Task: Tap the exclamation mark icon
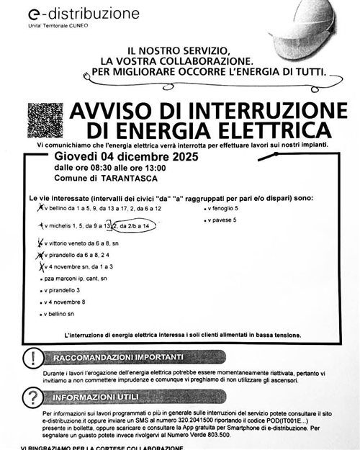pyautogui.click(x=32, y=359)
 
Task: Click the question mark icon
pyautogui.click(x=32, y=397)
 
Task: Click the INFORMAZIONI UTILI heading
pyautogui.click(x=102, y=397)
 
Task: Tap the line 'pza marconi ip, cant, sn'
pyautogui.click(x=76, y=278)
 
